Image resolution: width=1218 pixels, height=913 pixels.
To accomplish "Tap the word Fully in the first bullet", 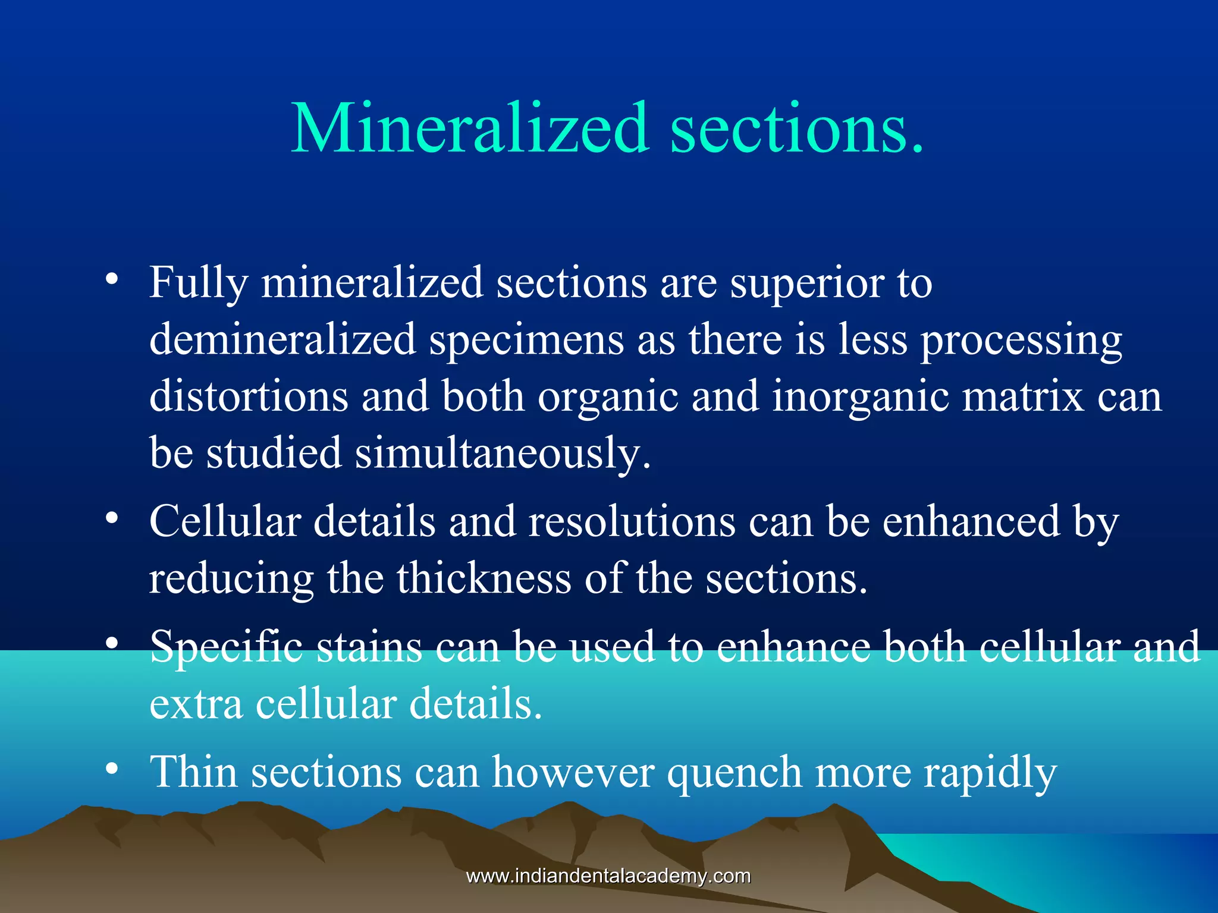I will coord(198,283).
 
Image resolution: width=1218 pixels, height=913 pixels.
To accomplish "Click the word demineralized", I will coord(282,339).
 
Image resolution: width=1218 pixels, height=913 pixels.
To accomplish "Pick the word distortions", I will coord(249,396).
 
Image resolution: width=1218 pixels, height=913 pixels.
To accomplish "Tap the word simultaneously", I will coord(503,454).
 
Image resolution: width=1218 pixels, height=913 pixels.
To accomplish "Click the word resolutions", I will coord(632,521).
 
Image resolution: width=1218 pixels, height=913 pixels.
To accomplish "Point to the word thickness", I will coord(484,578).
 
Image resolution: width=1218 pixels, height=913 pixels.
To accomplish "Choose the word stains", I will coord(369,647).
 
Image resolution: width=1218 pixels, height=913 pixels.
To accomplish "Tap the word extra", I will coord(196,704).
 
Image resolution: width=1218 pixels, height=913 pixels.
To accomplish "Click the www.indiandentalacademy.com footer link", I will coord(608,876).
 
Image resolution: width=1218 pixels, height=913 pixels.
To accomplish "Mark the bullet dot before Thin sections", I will coord(111,769).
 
